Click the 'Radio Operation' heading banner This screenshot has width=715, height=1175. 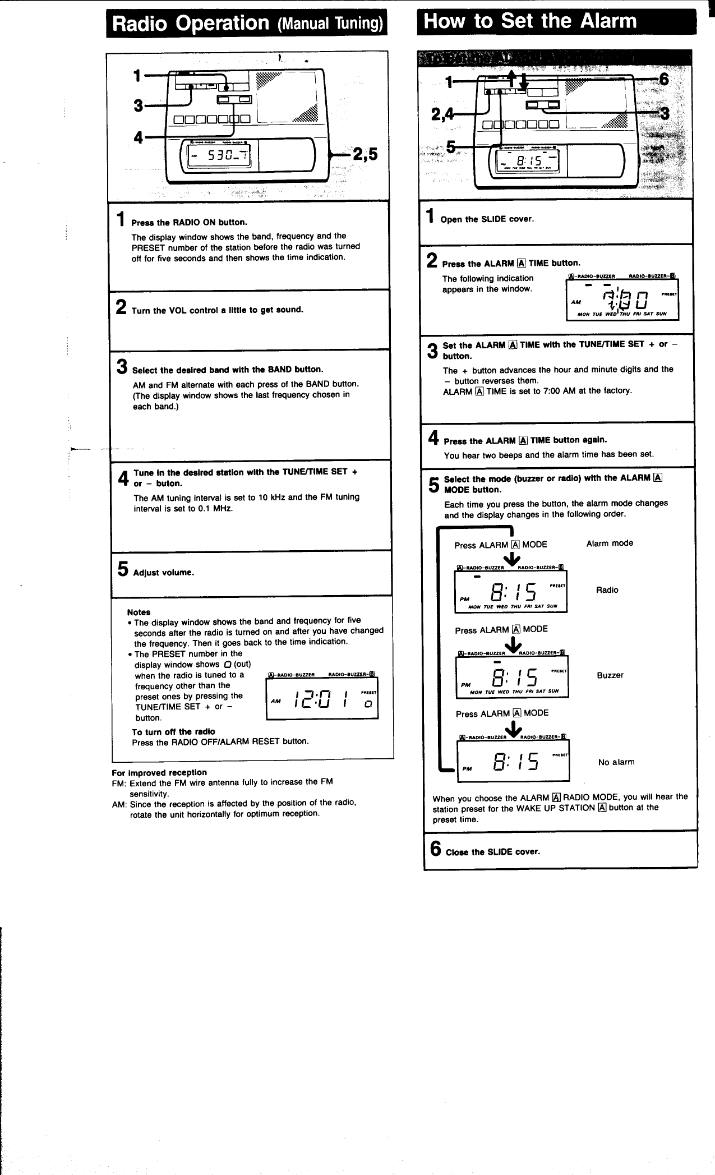[247, 23]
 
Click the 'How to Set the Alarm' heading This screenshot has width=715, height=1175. [531, 21]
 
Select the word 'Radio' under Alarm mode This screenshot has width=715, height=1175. [607, 589]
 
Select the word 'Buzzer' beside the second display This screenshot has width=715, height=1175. [610, 675]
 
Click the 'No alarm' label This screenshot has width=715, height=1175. [616, 762]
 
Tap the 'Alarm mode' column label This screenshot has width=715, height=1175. [610, 543]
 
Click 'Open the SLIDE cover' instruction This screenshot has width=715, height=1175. [487, 219]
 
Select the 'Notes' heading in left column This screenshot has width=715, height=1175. [139, 612]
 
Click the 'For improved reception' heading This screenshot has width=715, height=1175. [159, 772]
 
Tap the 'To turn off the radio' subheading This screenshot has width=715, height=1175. [173, 731]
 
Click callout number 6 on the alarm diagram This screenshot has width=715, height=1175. [664, 79]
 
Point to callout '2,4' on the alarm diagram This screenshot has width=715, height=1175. [442, 114]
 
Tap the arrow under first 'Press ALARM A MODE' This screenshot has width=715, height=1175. [511, 559]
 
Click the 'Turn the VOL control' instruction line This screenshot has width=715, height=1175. [217, 310]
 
